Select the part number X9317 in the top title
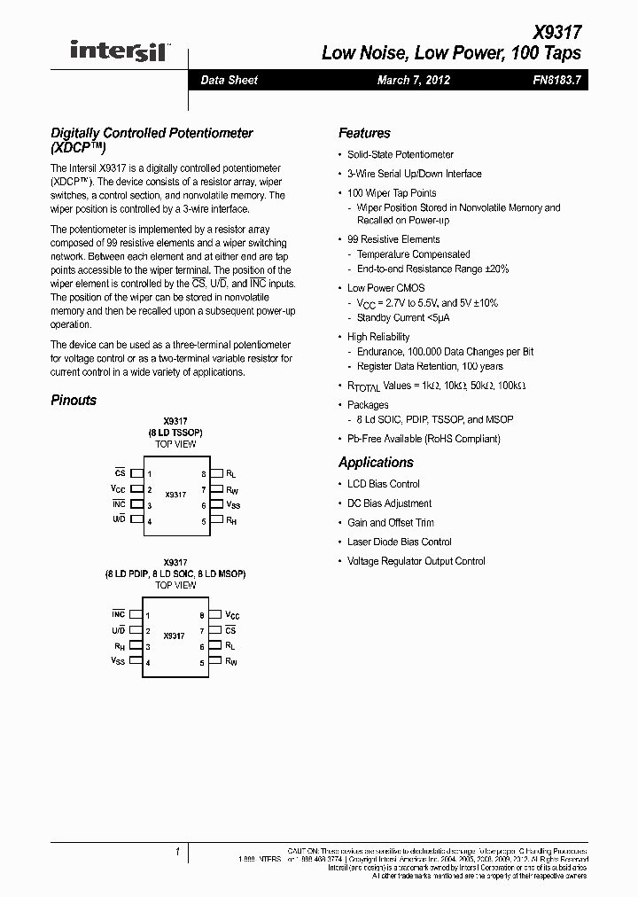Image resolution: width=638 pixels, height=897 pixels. [x=557, y=33]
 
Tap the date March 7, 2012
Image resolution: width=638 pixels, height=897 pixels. [x=413, y=80]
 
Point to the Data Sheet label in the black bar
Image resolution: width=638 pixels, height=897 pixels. [x=229, y=80]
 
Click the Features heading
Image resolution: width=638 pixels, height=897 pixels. [x=364, y=133]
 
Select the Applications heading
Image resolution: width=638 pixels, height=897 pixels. [x=376, y=462]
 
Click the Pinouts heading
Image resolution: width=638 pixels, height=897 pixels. [x=74, y=400]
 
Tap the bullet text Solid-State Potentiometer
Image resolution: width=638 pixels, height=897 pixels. [x=400, y=154]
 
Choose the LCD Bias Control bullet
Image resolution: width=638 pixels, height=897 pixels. [x=383, y=484]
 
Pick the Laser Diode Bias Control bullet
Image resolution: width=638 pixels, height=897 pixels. [x=399, y=542]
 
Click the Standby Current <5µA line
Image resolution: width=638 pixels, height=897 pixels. [x=403, y=317]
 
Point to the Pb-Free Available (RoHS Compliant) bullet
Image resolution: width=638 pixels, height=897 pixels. [x=424, y=439]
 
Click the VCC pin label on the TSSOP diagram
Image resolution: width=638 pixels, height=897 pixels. [x=118, y=489]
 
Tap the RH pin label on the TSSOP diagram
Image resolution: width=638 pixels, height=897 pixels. [x=231, y=522]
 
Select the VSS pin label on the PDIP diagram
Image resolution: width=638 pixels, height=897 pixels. [x=118, y=661]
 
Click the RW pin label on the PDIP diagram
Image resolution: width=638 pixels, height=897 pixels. [x=231, y=661]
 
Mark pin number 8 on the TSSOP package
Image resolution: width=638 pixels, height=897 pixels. [x=203, y=474]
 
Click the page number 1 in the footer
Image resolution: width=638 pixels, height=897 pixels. [x=177, y=853]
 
